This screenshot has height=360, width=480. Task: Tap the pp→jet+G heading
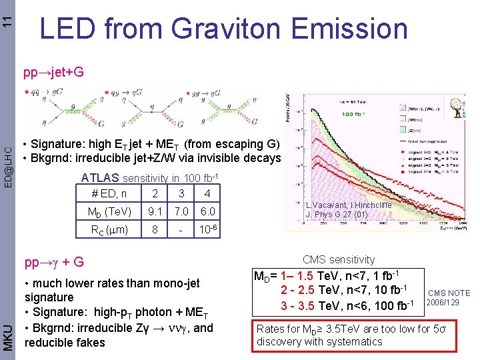53,72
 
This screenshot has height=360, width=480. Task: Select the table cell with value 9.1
155,213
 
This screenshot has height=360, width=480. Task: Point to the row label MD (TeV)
109,213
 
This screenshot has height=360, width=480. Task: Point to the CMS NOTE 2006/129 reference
449,297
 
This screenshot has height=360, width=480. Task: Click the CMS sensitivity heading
339,259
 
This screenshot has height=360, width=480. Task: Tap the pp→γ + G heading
53,261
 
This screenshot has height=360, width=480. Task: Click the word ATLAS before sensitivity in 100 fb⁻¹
99,177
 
